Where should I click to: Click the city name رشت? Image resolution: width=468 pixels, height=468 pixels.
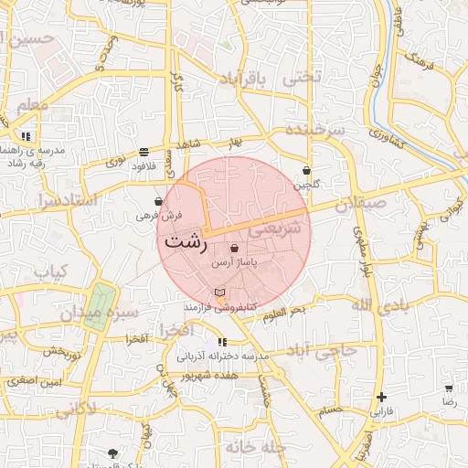(186, 243)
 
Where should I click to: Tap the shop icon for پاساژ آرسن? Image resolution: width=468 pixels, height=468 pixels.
(235, 248)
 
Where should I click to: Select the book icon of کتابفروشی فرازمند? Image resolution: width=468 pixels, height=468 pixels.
(218, 292)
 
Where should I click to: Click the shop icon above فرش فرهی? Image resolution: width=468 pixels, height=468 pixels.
(159, 201)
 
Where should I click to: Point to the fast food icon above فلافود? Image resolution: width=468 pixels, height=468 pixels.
(144, 152)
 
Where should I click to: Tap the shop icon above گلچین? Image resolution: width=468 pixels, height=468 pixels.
(306, 170)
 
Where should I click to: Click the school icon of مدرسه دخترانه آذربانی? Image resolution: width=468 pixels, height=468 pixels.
(222, 342)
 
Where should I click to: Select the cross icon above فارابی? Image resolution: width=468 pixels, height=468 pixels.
(381, 398)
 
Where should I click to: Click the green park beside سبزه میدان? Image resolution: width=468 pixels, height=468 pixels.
(100, 303)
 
